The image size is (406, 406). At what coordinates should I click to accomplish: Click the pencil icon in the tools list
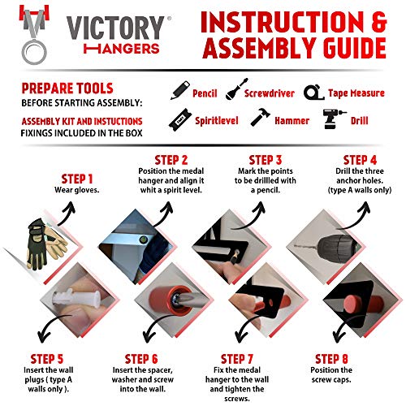180,90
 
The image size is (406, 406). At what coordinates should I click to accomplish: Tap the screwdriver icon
237,89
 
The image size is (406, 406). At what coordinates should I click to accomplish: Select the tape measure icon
313,93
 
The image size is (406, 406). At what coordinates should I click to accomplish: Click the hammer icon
260,117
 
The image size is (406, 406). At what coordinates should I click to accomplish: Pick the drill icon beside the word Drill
334,119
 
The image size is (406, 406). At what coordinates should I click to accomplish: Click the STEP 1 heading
77,179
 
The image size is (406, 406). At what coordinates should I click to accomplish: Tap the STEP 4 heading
360,160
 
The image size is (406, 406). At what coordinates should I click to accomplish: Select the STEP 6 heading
141,359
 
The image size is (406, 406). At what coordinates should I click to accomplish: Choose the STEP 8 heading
331,359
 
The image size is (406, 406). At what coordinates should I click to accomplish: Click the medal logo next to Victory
34,35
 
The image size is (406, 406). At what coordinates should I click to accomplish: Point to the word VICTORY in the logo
115,28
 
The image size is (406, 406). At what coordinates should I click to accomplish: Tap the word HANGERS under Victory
121,49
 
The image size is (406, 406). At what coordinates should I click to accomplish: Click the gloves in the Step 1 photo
46,244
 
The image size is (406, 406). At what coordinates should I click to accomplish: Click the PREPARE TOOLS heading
67,89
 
